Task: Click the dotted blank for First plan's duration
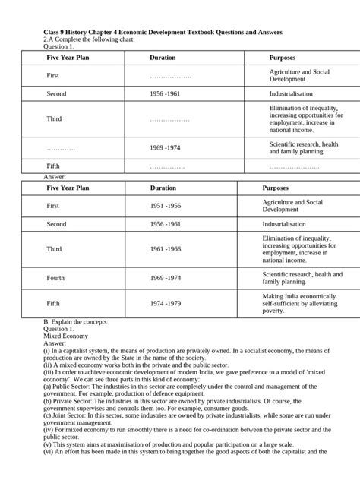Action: (170, 75)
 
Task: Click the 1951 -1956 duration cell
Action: (165, 206)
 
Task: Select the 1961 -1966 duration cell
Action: (165, 248)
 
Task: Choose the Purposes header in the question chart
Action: (283, 58)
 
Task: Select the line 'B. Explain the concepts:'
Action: (76, 321)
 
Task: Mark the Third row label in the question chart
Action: (54, 119)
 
